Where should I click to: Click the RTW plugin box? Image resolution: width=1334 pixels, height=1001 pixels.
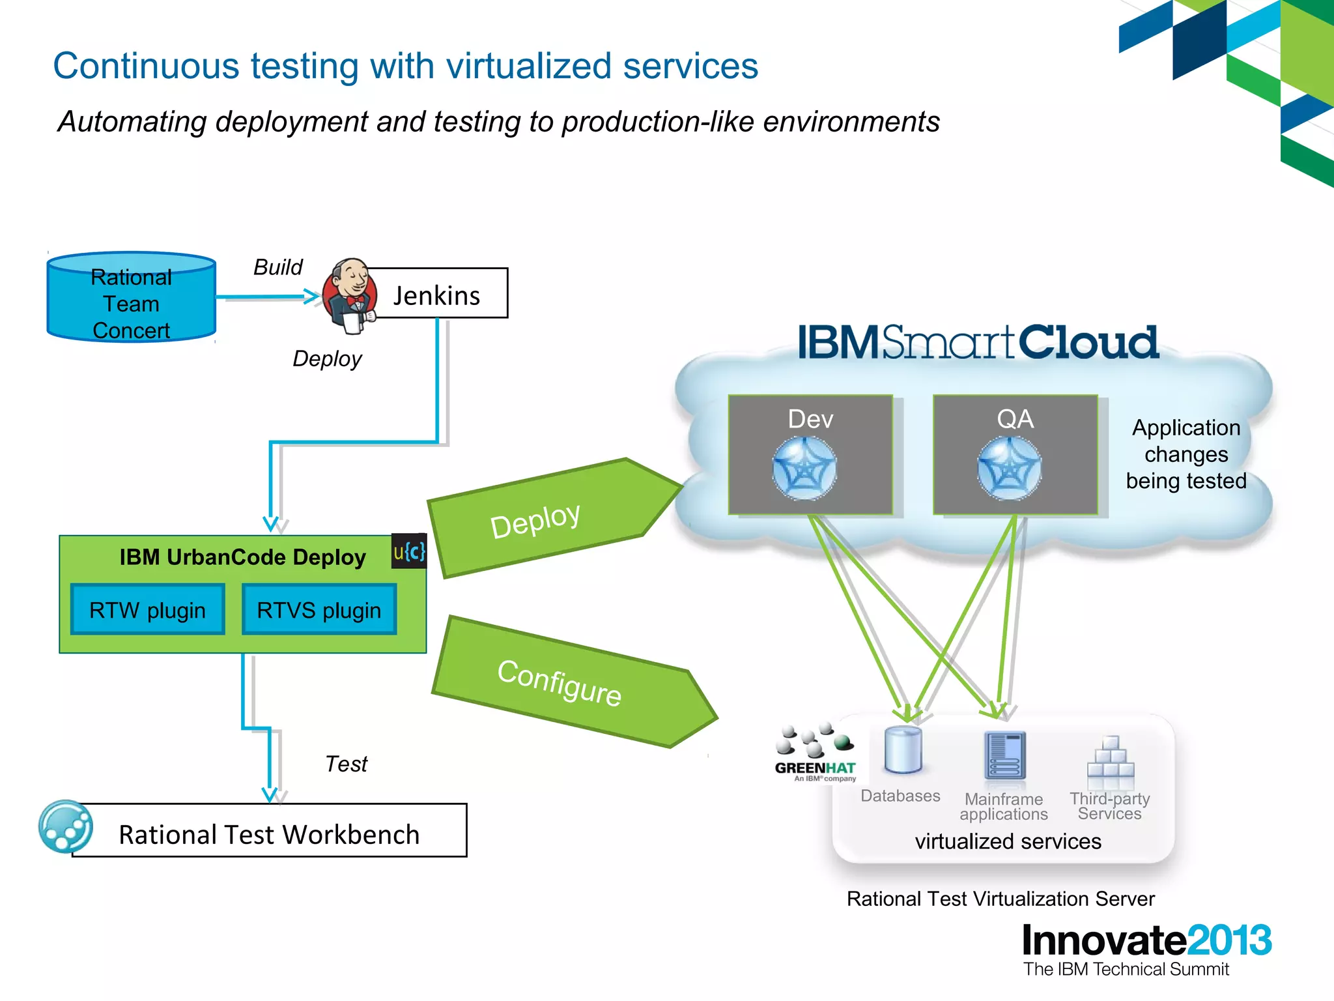[x=148, y=610]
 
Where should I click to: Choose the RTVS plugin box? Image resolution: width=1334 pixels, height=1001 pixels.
[x=319, y=610]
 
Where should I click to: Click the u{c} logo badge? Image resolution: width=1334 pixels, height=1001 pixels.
[x=409, y=551]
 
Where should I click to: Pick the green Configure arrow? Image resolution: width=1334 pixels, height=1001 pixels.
[x=567, y=681]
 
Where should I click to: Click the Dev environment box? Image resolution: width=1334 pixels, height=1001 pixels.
[x=810, y=454]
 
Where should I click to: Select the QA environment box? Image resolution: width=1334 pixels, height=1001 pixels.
[x=1015, y=454]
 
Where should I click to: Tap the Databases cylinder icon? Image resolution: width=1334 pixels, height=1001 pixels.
[x=903, y=751]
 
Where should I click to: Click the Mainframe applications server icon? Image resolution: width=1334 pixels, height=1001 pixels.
[x=1005, y=756]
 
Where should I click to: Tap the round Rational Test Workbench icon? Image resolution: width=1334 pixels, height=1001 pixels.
[x=65, y=826]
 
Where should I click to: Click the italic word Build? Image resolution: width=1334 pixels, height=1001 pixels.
[x=277, y=267]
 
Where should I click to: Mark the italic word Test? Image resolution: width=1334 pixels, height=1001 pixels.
[x=346, y=764]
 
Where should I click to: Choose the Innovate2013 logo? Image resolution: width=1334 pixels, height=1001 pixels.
[x=1146, y=942]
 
